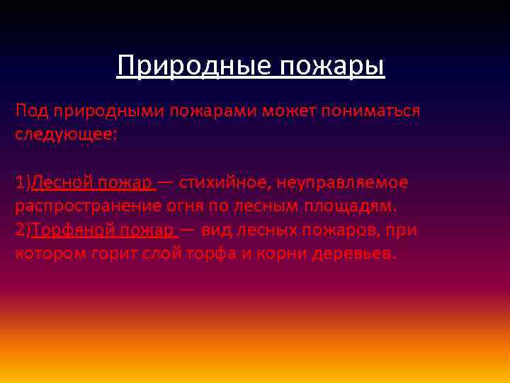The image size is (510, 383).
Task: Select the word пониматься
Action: tap(373, 111)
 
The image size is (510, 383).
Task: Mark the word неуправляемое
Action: tap(342, 182)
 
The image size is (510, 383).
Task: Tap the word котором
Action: tap(50, 254)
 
